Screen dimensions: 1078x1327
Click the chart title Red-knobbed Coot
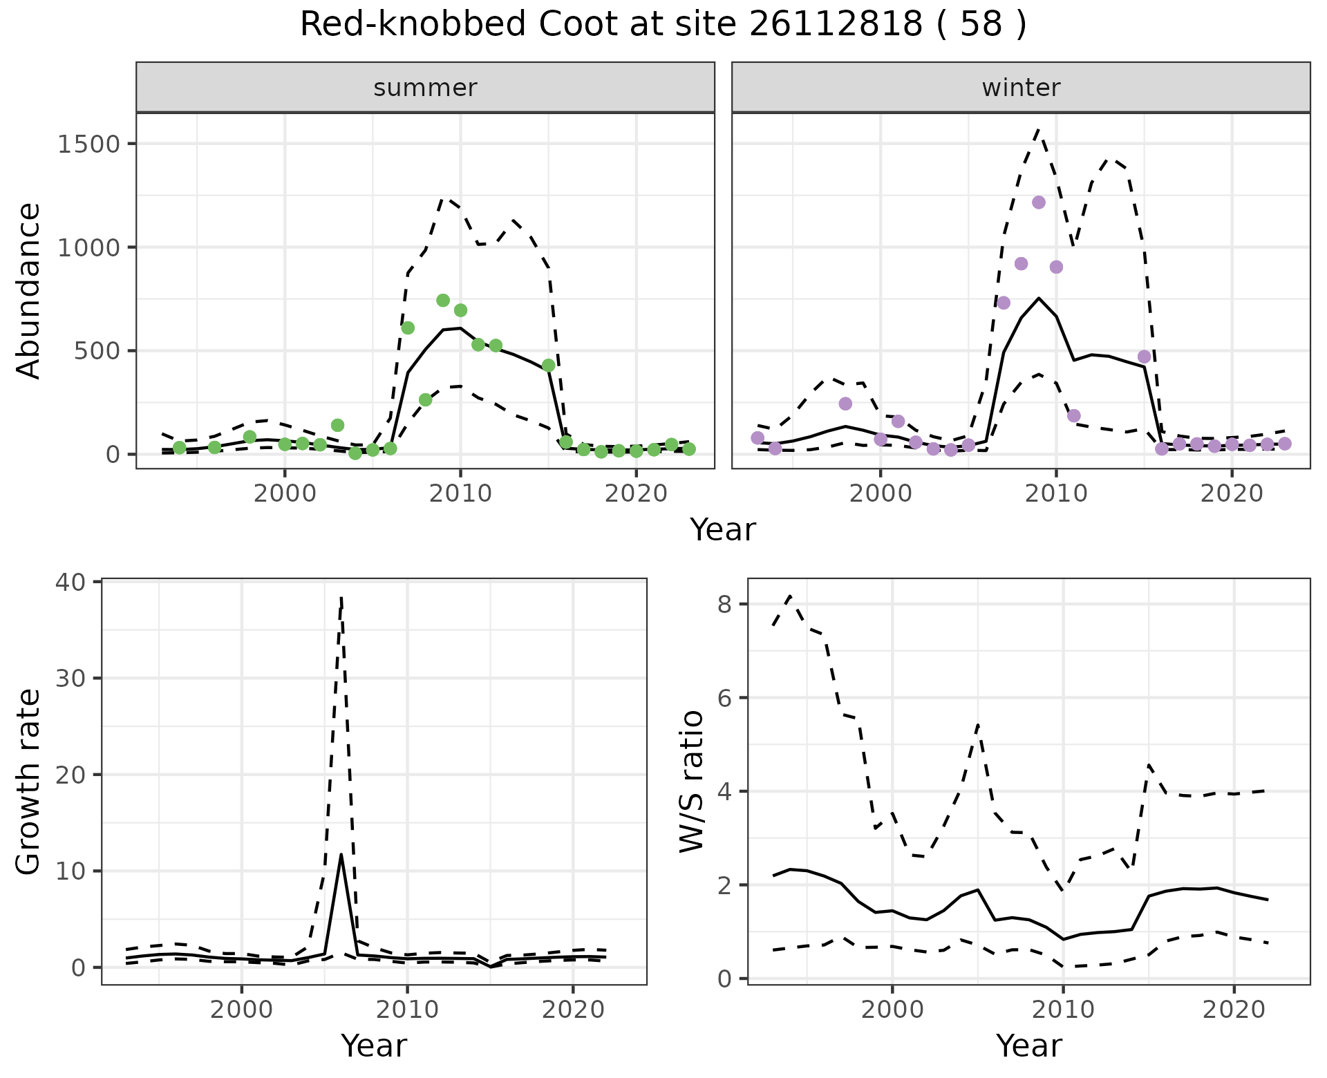click(663, 25)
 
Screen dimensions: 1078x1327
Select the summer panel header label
click(425, 88)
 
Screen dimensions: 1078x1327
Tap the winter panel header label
click(1021, 88)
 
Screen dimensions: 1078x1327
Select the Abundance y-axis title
click(29, 290)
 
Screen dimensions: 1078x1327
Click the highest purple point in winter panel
click(1038, 202)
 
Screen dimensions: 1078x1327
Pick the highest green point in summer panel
click(443, 301)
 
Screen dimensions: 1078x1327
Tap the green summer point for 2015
click(549, 366)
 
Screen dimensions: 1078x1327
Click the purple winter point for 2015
click(1144, 357)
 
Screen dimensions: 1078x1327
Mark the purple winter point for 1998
click(845, 404)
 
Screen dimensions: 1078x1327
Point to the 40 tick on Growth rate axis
click(73, 582)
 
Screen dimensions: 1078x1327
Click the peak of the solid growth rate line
click(341, 854)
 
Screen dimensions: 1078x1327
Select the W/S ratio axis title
click(691, 781)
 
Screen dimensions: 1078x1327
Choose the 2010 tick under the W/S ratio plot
click(1063, 1010)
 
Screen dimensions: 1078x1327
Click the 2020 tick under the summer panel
click(636, 494)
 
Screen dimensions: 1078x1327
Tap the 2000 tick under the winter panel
click(880, 494)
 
